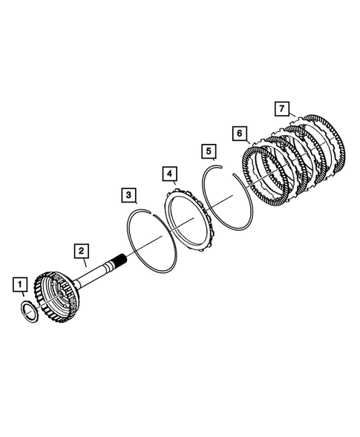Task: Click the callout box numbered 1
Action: coord(20,283)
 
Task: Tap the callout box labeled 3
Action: coord(129,196)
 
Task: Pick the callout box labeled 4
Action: coord(171,174)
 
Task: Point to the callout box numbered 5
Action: coord(210,152)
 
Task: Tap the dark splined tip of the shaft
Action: coord(121,260)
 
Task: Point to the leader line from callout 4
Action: coord(173,185)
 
